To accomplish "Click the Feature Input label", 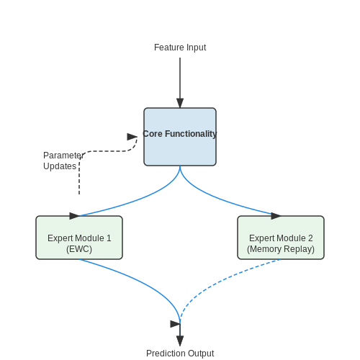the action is tap(180, 48).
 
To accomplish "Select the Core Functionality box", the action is tap(180, 137).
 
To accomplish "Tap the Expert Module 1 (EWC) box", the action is tap(79, 238).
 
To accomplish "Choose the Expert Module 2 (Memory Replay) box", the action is tap(281, 238).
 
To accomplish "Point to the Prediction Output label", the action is tap(180, 354).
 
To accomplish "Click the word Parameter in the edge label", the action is tap(63, 156).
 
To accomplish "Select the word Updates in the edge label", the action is tap(60, 166).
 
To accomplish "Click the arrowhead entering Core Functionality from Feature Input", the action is tap(180, 103).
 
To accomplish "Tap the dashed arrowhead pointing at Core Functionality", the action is tap(132, 137).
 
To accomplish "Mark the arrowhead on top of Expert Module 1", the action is tap(74, 216).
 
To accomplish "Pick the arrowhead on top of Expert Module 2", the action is tap(276, 216).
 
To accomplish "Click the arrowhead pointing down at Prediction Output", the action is tap(180, 341).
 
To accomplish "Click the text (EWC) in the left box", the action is tap(79, 249).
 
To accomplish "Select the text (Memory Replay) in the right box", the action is tap(281, 249).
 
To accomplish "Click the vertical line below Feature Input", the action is tap(180, 78).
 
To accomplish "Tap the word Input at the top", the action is tap(196, 48).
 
